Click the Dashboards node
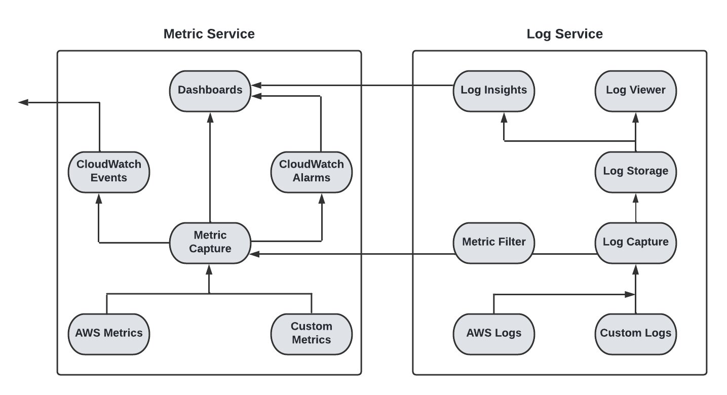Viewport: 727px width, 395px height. tap(210, 91)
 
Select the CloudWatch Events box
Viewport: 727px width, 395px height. tap(108, 172)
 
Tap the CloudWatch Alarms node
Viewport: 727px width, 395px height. tap(311, 172)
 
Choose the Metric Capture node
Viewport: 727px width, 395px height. tap(210, 243)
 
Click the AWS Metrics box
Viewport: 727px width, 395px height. tap(108, 334)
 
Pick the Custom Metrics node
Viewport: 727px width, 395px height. tap(311, 334)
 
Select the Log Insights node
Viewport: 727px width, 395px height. tap(493, 91)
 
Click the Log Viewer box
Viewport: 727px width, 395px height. tap(635, 91)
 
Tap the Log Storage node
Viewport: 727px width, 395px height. tap(635, 172)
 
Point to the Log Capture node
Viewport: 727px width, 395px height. tap(635, 243)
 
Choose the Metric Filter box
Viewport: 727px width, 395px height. tap(493, 243)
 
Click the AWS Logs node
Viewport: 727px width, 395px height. tap(493, 334)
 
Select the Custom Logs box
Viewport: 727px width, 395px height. tap(635, 334)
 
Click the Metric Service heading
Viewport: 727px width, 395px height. tap(209, 34)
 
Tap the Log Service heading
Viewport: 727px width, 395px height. tap(564, 34)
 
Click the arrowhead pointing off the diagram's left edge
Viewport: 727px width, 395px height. tap(23, 102)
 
